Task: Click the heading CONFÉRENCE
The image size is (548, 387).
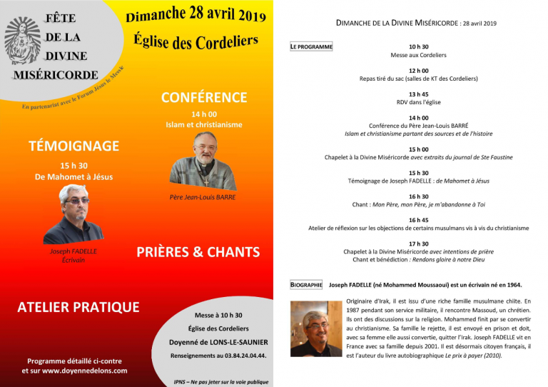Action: click(x=204, y=98)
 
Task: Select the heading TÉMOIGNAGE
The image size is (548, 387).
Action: click(x=73, y=146)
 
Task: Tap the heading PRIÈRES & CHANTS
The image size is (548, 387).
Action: click(x=198, y=252)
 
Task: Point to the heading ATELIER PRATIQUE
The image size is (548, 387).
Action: click(x=78, y=307)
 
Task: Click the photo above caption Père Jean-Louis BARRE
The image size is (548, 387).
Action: click(x=203, y=161)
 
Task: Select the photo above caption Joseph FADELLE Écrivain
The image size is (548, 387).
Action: click(x=73, y=214)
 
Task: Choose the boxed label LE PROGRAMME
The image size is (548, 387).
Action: click(x=311, y=47)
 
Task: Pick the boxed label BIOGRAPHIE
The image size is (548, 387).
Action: click(x=306, y=285)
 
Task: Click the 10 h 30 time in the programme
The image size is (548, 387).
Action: click(x=419, y=46)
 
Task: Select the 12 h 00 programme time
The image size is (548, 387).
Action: click(x=419, y=71)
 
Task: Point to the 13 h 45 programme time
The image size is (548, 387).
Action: click(x=419, y=94)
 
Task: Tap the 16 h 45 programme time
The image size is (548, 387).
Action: click(x=419, y=220)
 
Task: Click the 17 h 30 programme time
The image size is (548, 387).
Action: click(x=419, y=243)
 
